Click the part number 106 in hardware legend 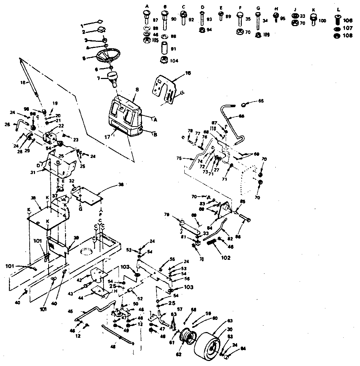(347, 21)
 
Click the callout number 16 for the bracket (188, 73)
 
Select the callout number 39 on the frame (76, 238)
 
